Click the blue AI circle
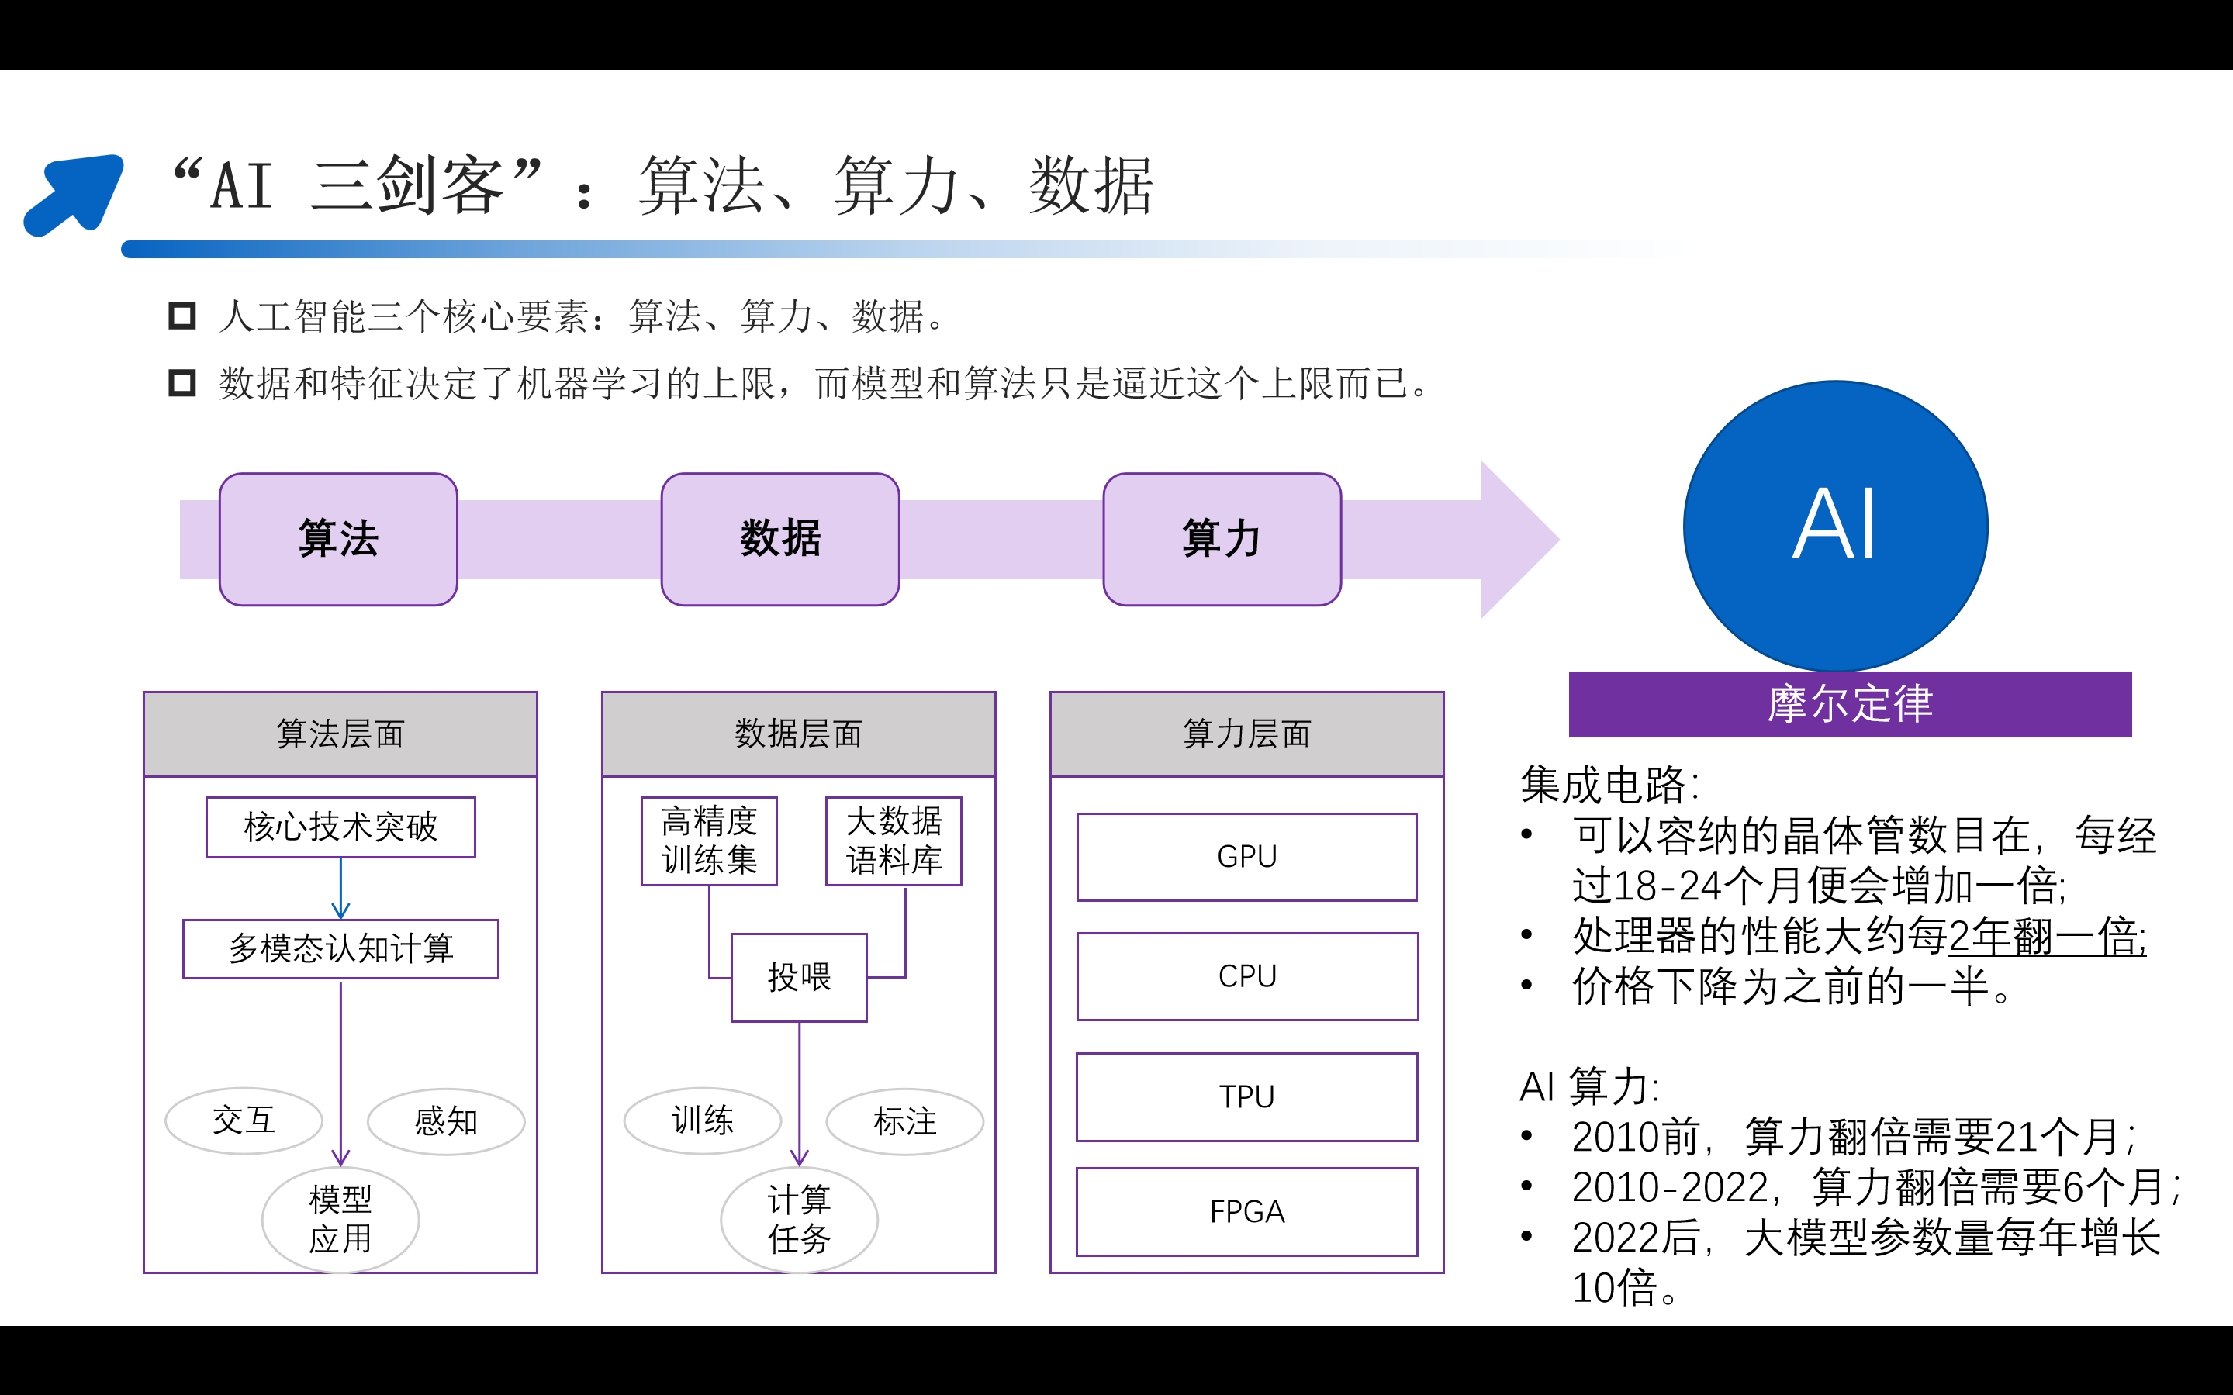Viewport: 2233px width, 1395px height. [x=1835, y=526]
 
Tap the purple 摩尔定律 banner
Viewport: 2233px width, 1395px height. [x=1849, y=704]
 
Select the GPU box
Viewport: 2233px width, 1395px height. [x=1246, y=856]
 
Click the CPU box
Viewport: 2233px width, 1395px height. [x=1246, y=976]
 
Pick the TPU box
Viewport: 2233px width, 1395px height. [x=1246, y=1097]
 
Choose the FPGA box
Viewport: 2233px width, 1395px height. [x=1246, y=1211]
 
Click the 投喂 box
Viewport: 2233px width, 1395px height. [x=799, y=977]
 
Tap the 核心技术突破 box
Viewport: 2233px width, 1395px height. [x=340, y=827]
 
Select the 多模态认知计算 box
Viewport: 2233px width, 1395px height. [x=340, y=948]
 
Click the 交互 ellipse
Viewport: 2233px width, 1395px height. [x=244, y=1121]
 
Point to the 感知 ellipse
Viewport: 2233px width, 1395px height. [x=446, y=1122]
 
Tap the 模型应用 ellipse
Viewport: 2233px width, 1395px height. [x=340, y=1219]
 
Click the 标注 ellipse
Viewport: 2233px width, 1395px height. [x=904, y=1121]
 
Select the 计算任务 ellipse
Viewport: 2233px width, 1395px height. [x=799, y=1219]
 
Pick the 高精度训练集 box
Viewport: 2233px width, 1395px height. [x=709, y=841]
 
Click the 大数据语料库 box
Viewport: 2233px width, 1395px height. [x=894, y=841]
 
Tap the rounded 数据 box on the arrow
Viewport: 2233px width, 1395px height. [x=779, y=539]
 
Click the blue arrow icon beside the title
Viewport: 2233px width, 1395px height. [x=74, y=194]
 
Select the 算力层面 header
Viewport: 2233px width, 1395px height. [x=1246, y=734]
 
